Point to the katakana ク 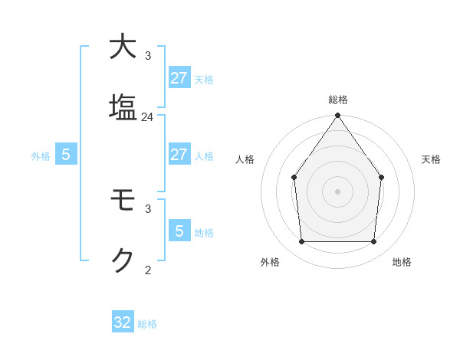click(123, 260)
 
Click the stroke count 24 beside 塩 click(148, 117)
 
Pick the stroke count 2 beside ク click(148, 270)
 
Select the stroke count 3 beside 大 click(148, 56)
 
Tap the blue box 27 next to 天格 click(179, 78)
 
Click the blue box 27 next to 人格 click(179, 155)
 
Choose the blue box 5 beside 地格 click(179, 231)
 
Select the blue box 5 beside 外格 click(66, 155)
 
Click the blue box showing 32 click(123, 322)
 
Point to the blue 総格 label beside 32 click(147, 324)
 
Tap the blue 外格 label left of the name click(41, 156)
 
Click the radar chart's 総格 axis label click(338, 100)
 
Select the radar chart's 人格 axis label click(245, 160)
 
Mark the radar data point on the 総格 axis click(338, 116)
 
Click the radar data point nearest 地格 click(373, 241)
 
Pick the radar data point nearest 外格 click(301, 241)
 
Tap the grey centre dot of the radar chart click(338, 191)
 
